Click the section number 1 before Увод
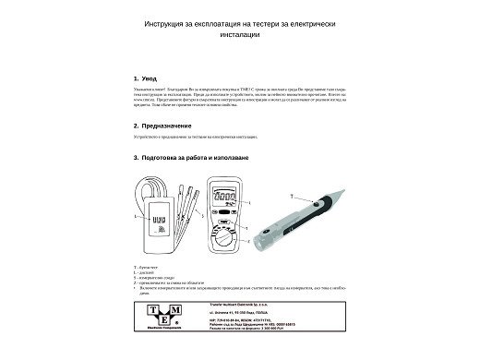136,79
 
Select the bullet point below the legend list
137,286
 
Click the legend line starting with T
144,266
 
